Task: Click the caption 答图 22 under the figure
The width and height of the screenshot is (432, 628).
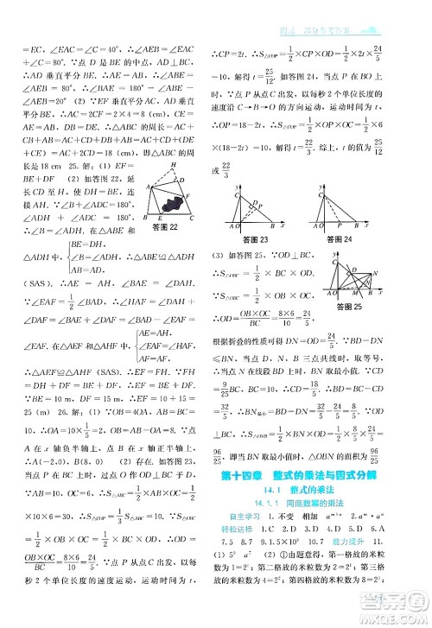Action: pyautogui.click(x=165, y=228)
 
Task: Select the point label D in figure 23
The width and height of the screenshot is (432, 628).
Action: pyautogui.click(x=251, y=204)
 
